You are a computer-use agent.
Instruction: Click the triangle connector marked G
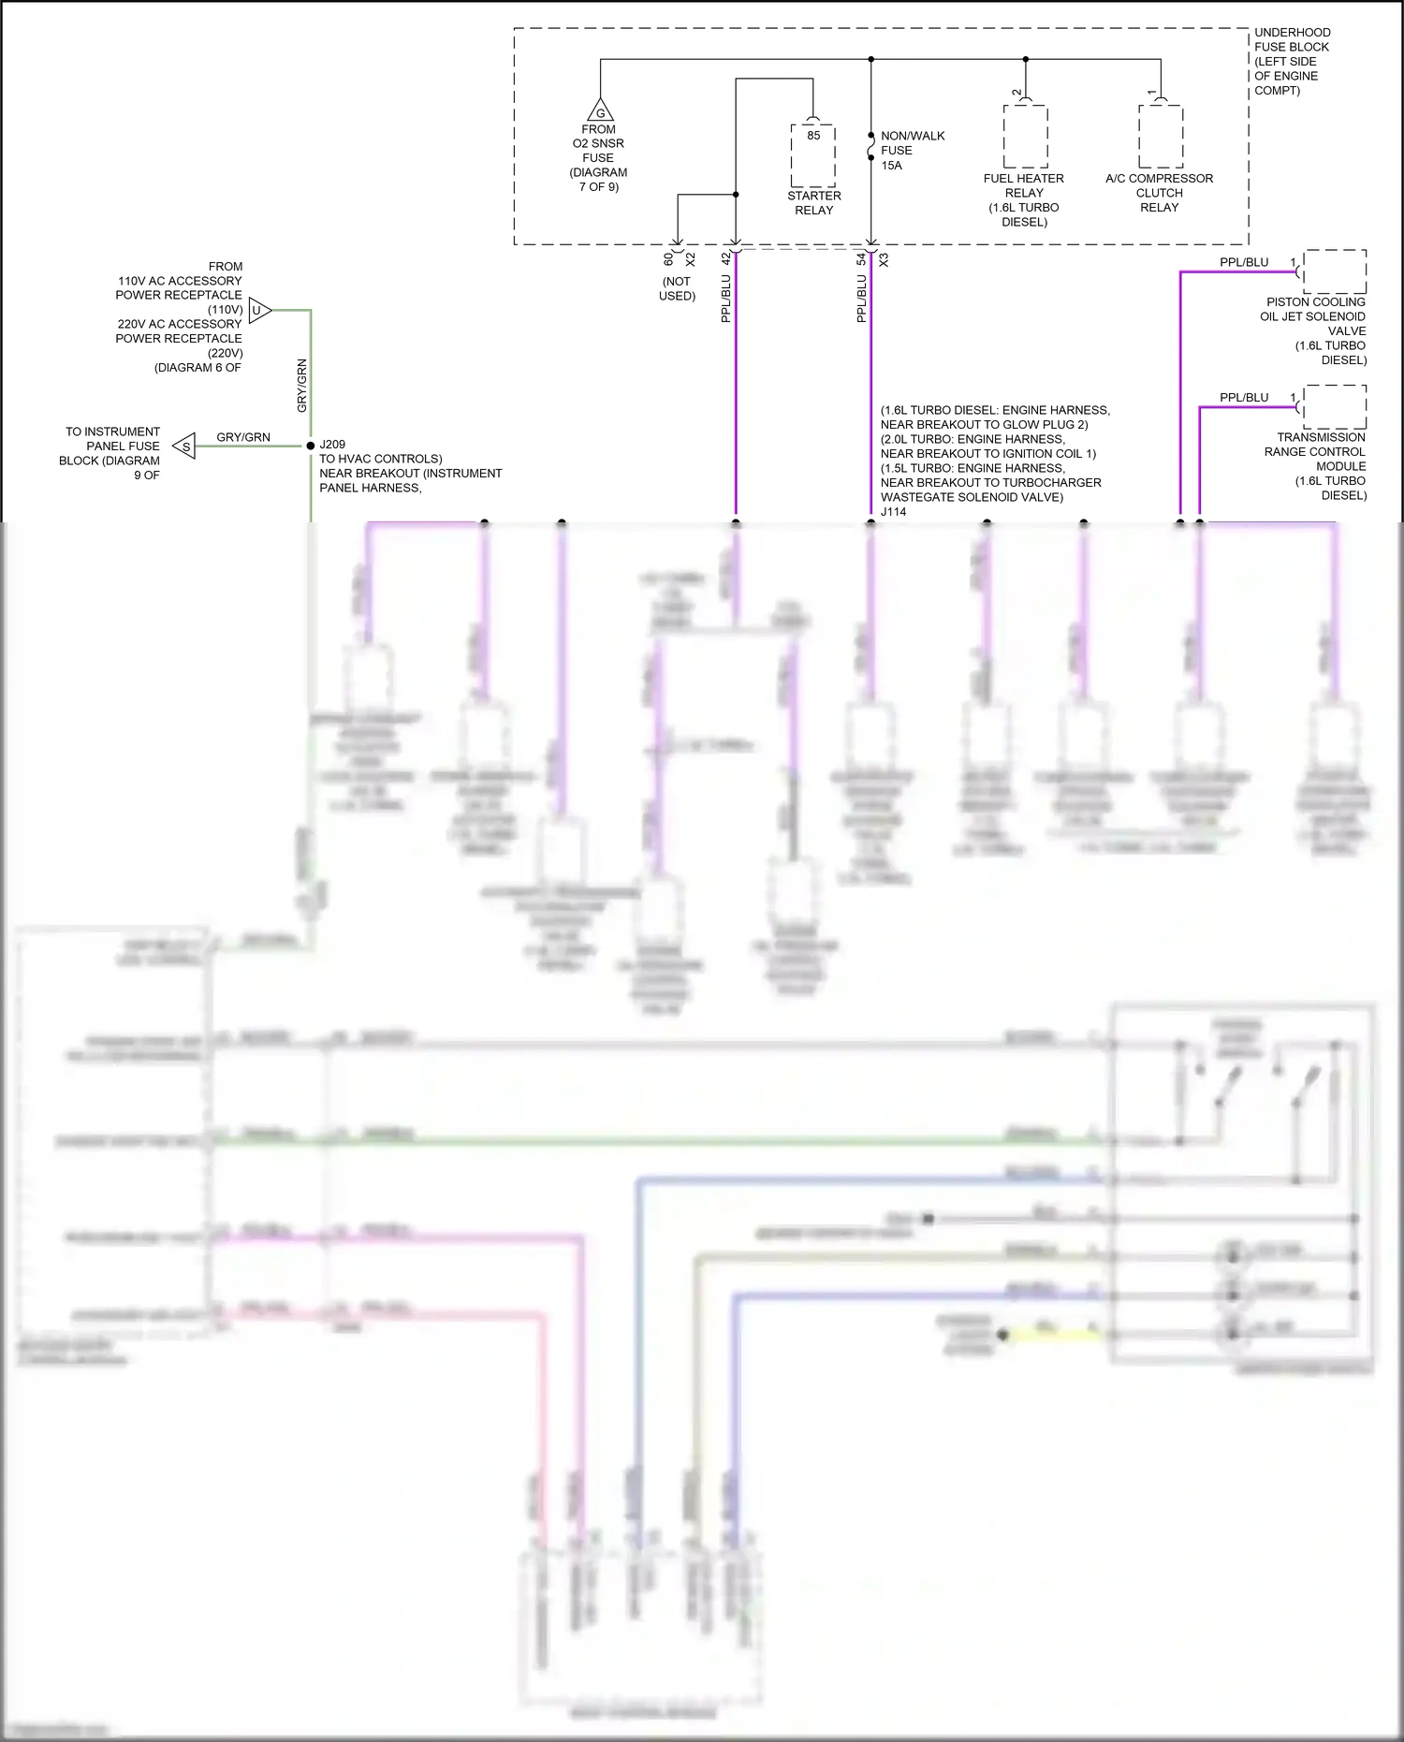tap(600, 111)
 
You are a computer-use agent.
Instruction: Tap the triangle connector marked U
tap(259, 310)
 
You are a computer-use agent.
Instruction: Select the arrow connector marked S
tap(184, 446)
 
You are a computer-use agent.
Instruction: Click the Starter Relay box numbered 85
tap(813, 154)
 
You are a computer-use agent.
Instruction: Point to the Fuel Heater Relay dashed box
tap(1025, 137)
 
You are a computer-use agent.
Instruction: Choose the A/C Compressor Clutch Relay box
tap(1161, 137)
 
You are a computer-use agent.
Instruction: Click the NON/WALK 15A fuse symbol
tap(870, 150)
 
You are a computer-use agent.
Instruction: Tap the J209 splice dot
tap(311, 446)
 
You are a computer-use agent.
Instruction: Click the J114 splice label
tap(893, 512)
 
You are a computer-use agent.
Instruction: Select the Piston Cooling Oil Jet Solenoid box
tap(1335, 271)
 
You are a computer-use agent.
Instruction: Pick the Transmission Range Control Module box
tap(1335, 407)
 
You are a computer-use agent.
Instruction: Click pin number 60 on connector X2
tap(668, 259)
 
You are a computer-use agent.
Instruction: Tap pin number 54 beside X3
tap(861, 259)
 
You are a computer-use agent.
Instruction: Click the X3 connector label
tap(884, 259)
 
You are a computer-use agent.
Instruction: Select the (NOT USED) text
tap(677, 288)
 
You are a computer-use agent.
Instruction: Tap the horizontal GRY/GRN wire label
tap(243, 437)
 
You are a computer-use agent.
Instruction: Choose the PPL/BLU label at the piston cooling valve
tap(1244, 262)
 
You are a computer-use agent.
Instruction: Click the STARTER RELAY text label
tap(814, 203)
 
